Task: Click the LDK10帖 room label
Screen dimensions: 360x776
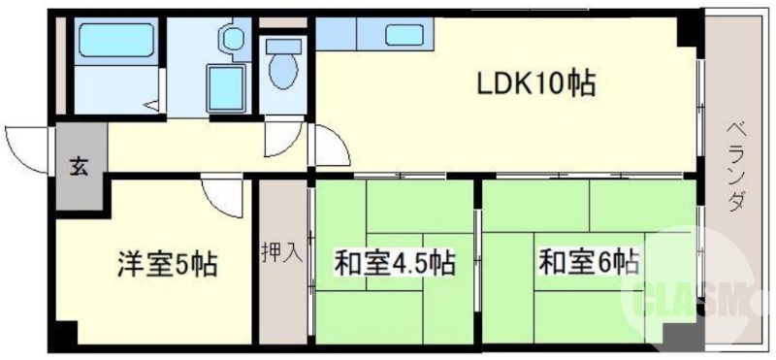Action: [x=533, y=85]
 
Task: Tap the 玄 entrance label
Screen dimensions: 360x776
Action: [x=77, y=166]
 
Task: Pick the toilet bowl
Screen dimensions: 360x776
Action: [x=282, y=69]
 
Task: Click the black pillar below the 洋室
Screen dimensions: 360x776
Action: [x=65, y=337]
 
